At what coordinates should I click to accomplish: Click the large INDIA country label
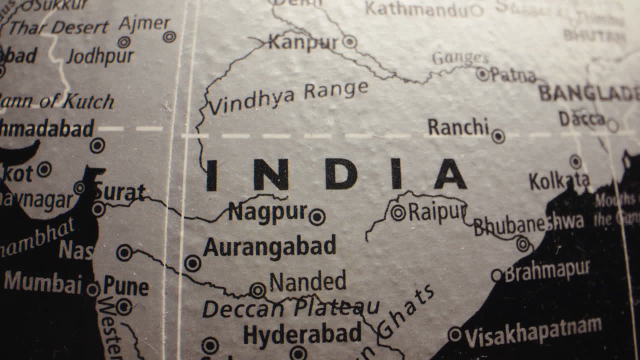pos(336,174)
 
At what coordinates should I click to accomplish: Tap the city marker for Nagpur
pos(317,217)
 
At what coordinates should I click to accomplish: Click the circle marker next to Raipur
pos(398,212)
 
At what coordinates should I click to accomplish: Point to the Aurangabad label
pos(269,247)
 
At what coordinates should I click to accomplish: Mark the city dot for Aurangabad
pos(192,263)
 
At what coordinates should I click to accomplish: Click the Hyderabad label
pos(302,334)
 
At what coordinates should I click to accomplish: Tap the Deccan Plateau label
pos(290,307)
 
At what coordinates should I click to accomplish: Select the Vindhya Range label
pos(288,97)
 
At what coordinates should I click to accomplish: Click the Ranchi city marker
pos(498,136)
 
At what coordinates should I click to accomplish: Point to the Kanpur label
pos(303,42)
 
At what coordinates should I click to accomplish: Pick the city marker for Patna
pos(482,74)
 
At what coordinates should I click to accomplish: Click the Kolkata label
pos(559,181)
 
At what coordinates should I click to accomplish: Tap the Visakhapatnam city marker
pos(455,334)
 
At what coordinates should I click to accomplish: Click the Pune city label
pos(126,286)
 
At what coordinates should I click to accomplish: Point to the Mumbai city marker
pos(92,288)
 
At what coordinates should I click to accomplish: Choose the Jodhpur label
pos(100,56)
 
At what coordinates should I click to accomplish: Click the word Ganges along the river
pos(460,58)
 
